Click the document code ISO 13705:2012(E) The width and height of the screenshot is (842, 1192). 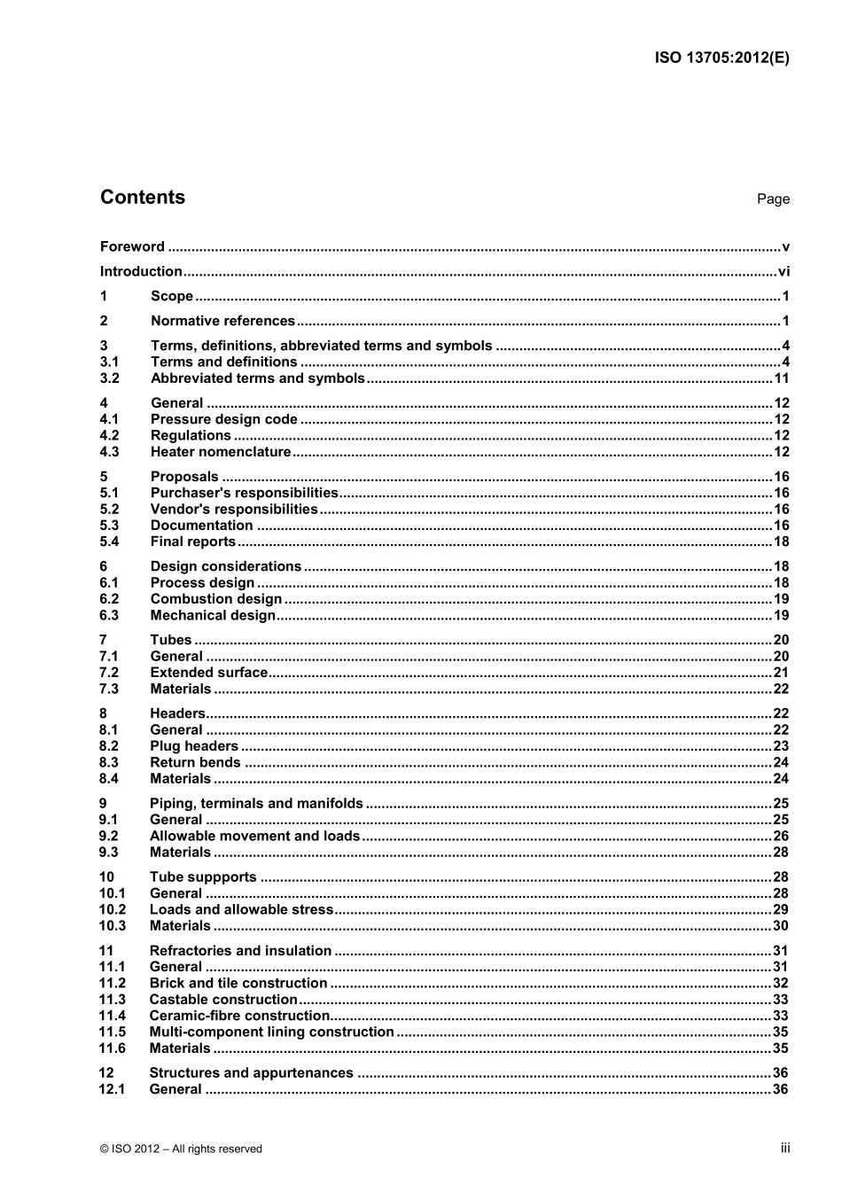[x=721, y=58]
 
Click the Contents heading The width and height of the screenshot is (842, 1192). [x=143, y=198]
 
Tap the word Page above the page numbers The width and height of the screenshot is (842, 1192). [x=773, y=199]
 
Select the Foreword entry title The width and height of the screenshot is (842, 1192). [x=132, y=246]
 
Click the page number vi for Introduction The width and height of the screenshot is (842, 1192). [x=784, y=271]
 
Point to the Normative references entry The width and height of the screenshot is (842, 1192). [x=222, y=321]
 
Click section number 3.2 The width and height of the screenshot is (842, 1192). [x=109, y=378]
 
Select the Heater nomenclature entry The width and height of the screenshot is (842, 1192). [x=221, y=452]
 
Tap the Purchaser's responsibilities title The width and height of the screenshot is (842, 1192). [x=244, y=493]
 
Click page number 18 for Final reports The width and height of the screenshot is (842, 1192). [x=781, y=541]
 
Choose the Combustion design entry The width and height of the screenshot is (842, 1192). [x=216, y=599]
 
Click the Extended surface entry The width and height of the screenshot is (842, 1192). [x=208, y=673]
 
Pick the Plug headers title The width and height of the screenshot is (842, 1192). [x=194, y=746]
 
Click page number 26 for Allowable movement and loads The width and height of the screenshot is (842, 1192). [x=781, y=836]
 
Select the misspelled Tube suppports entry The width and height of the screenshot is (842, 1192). [x=203, y=877]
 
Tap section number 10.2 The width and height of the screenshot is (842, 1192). [x=112, y=909]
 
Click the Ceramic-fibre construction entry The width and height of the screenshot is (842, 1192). [x=239, y=1016]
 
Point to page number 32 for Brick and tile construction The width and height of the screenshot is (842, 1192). [x=781, y=983]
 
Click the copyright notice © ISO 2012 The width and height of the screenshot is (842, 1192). [x=181, y=1149]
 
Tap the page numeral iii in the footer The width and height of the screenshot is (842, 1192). [x=785, y=1148]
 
